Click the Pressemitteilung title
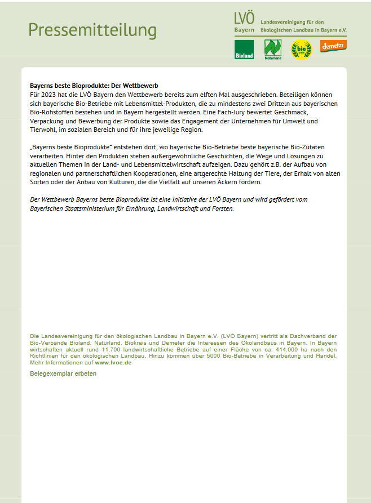click(92, 29)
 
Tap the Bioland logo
click(244, 50)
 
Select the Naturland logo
click(273, 50)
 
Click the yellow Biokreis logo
click(301, 50)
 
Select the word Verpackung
click(46, 121)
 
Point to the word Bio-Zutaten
click(307, 147)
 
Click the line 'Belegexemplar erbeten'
click(63, 373)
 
